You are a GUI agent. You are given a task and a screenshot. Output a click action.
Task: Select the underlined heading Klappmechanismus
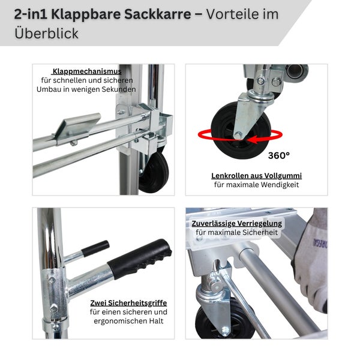[x=87, y=71]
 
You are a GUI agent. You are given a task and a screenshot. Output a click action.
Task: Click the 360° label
[x=278, y=154]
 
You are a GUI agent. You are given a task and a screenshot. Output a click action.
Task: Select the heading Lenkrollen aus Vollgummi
[x=256, y=176]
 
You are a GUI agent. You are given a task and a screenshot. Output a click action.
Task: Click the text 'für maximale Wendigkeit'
[x=256, y=185]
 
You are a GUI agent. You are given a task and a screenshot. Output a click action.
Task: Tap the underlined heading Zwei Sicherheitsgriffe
[x=128, y=303]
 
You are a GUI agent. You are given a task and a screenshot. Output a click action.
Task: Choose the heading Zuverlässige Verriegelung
[x=236, y=223]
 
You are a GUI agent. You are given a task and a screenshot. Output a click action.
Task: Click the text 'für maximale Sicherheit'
[x=236, y=232]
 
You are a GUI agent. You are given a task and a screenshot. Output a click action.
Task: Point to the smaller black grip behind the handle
[x=95, y=248]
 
